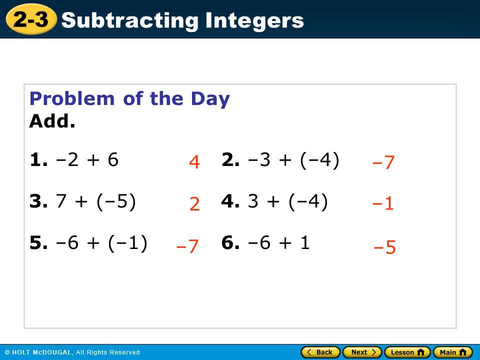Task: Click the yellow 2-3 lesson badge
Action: [31, 19]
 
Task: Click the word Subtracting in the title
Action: [130, 21]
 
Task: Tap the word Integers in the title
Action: [254, 21]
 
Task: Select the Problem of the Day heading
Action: [129, 99]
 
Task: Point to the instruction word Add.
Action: [52, 121]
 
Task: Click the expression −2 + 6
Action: [87, 160]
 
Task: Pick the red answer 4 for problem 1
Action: [194, 162]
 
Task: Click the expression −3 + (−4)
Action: [293, 160]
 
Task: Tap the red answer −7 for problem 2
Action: [383, 162]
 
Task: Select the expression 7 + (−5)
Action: [96, 201]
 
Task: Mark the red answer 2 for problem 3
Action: [194, 204]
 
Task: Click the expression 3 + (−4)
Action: [288, 201]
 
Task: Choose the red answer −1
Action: [382, 203]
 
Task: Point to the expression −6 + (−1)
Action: [101, 243]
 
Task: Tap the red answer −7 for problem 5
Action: [187, 246]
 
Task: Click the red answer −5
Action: [384, 246]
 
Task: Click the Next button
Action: [362, 352]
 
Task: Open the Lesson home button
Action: [407, 352]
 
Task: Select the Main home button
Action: [453, 352]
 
